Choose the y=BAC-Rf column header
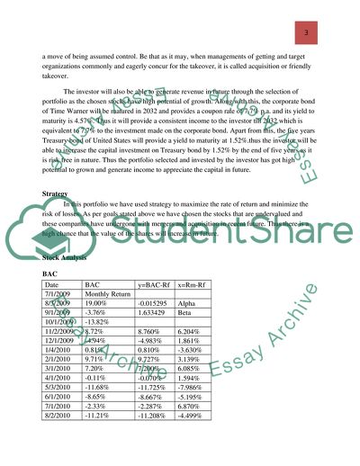click(x=159, y=283)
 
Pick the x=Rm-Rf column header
click(x=209, y=283)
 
